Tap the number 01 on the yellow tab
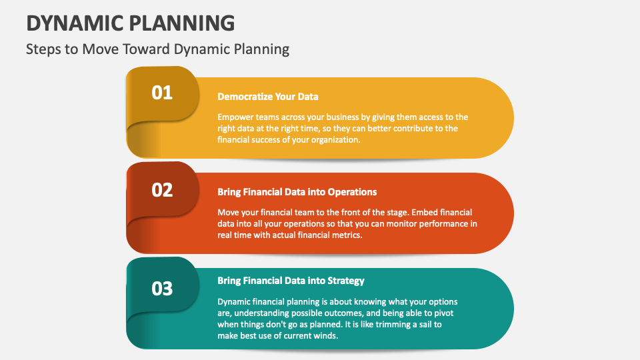162,93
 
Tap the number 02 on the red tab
162,190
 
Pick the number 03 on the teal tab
162,289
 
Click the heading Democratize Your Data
268,97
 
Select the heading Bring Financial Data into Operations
297,192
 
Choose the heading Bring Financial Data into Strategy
291,281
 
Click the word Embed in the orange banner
425,212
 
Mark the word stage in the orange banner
398,213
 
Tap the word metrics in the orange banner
347,235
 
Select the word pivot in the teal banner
443,313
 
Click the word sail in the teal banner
426,325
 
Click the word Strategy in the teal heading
346,281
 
